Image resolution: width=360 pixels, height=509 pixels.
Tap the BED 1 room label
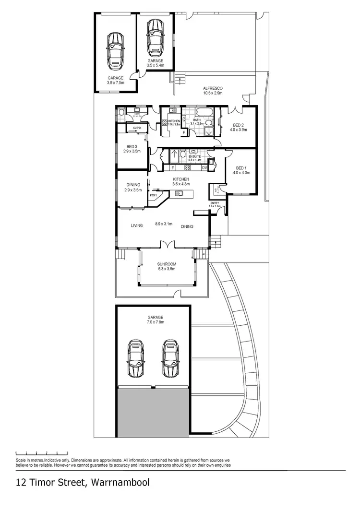tap(240, 168)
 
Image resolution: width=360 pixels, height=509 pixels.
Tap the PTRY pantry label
tap(154, 195)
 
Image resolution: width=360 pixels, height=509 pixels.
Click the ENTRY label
tap(214, 203)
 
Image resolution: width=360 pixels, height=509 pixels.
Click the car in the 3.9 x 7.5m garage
tap(115, 50)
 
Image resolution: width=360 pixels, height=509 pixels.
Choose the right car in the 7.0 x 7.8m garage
tap(169, 359)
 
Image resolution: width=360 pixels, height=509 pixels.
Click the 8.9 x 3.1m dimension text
tap(163, 224)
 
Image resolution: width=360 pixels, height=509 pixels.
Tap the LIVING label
tap(137, 225)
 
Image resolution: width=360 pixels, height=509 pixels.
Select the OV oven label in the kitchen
tap(204, 167)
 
